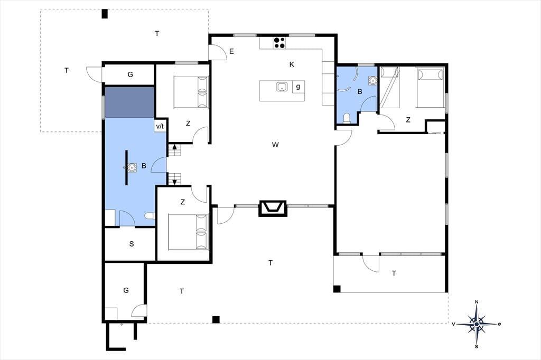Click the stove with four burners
(x=279, y=42)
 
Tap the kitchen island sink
(x=282, y=87)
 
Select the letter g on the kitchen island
(x=298, y=87)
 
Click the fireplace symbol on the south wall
(x=273, y=209)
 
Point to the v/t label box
(x=160, y=126)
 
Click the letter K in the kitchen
(x=292, y=64)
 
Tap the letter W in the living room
(x=275, y=145)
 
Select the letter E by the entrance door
(x=231, y=51)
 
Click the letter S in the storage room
(x=132, y=244)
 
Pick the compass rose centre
(x=477, y=324)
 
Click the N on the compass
(x=477, y=302)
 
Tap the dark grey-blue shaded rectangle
(x=129, y=102)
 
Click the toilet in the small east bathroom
(x=347, y=118)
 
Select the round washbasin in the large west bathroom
(x=132, y=167)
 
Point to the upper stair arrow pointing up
(x=174, y=147)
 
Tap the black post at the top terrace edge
(x=105, y=14)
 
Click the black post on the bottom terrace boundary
(x=216, y=320)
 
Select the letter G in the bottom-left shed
(x=126, y=290)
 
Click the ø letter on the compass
(x=499, y=324)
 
